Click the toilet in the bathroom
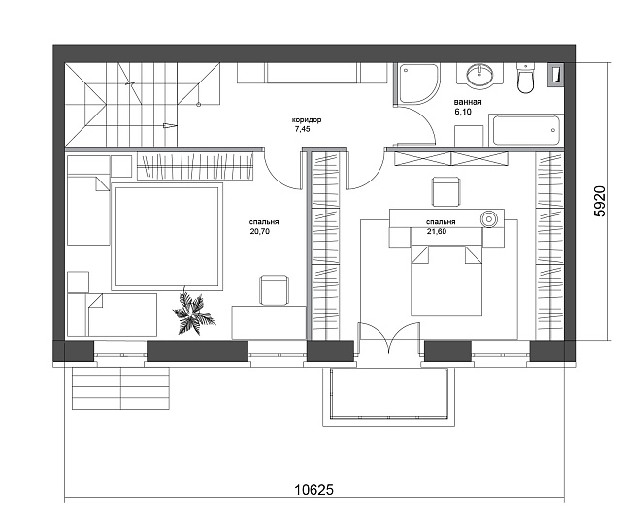click(x=525, y=79)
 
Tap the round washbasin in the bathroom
click(x=479, y=75)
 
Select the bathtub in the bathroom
click(x=525, y=130)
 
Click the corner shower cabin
click(x=416, y=83)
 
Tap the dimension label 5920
click(x=600, y=202)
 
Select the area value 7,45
click(x=302, y=129)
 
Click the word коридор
click(x=307, y=120)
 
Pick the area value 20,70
click(x=260, y=231)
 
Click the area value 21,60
click(x=437, y=231)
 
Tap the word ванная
click(x=468, y=102)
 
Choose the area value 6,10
click(x=462, y=112)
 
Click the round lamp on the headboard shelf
click(x=488, y=218)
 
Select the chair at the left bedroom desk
click(x=274, y=290)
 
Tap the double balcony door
click(x=389, y=339)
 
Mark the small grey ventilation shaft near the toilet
click(x=556, y=75)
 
